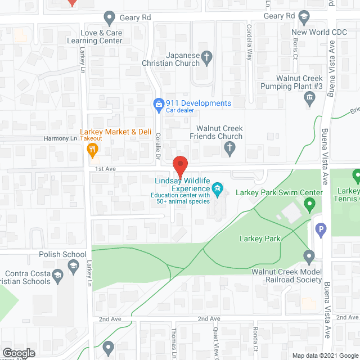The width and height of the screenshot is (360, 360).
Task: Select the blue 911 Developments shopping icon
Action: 159,103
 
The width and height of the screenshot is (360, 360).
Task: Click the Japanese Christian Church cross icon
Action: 207,56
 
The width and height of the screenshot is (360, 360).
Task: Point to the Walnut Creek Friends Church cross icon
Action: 229,148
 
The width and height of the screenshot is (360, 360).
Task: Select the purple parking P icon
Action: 321,228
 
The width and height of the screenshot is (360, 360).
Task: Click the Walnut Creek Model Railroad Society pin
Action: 308,257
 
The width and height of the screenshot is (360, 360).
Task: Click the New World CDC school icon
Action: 304,17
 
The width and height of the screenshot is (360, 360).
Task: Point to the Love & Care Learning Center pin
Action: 110,17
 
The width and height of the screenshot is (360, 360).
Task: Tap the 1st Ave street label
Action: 105,169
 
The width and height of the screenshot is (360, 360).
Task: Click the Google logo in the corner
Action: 18,353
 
